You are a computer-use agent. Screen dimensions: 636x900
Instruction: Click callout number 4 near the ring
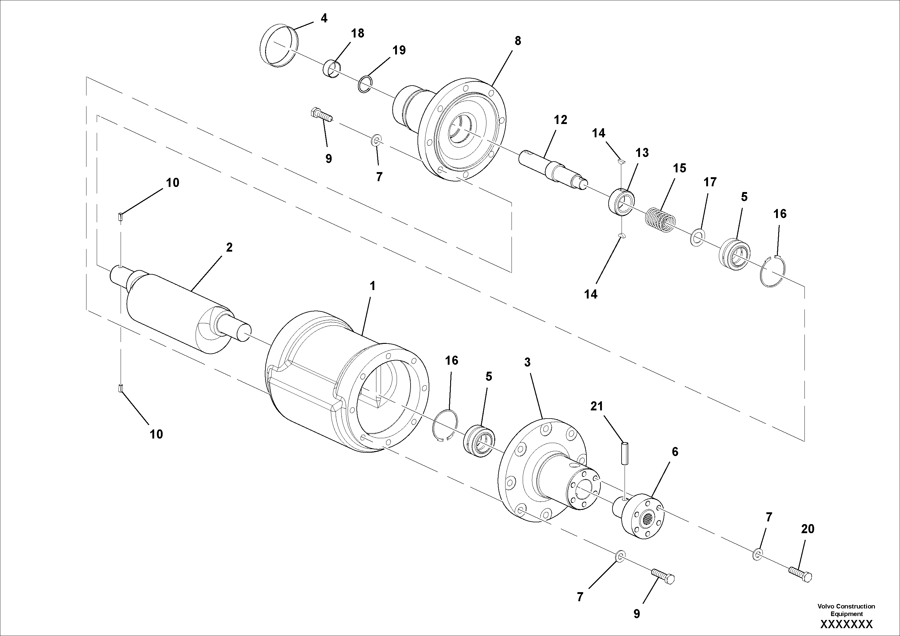tap(324, 18)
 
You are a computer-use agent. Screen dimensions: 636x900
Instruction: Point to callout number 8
tap(518, 41)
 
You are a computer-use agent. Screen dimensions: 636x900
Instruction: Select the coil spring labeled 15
tap(660, 221)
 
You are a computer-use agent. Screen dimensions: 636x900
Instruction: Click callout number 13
tap(642, 153)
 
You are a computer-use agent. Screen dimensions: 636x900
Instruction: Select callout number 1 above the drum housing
tap(372, 286)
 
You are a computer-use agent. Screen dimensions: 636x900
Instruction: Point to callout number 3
tap(527, 363)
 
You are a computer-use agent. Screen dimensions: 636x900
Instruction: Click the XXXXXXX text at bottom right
tap(846, 624)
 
